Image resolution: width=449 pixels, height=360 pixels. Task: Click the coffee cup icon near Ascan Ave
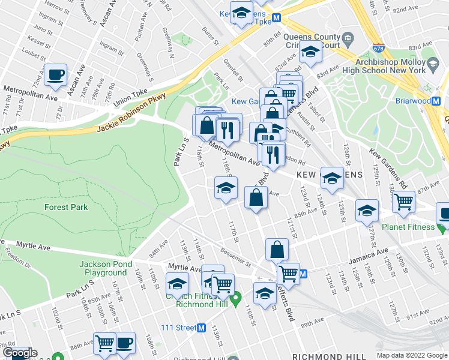tap(56, 75)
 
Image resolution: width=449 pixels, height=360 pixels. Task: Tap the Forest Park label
tap(66, 207)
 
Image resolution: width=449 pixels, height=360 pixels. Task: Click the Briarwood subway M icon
tap(444, 101)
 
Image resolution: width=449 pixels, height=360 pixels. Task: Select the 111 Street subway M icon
tap(202, 328)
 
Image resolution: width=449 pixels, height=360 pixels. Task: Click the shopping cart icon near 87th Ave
tap(403, 203)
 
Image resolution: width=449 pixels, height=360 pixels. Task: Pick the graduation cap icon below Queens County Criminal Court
tap(311, 53)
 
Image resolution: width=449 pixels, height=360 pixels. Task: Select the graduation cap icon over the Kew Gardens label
tap(332, 178)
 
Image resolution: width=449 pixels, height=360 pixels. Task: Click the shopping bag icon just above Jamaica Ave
tap(277, 249)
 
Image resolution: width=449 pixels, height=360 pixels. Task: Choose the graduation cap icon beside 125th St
tap(367, 211)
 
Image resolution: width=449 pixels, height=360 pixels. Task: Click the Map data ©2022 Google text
tap(411, 355)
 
